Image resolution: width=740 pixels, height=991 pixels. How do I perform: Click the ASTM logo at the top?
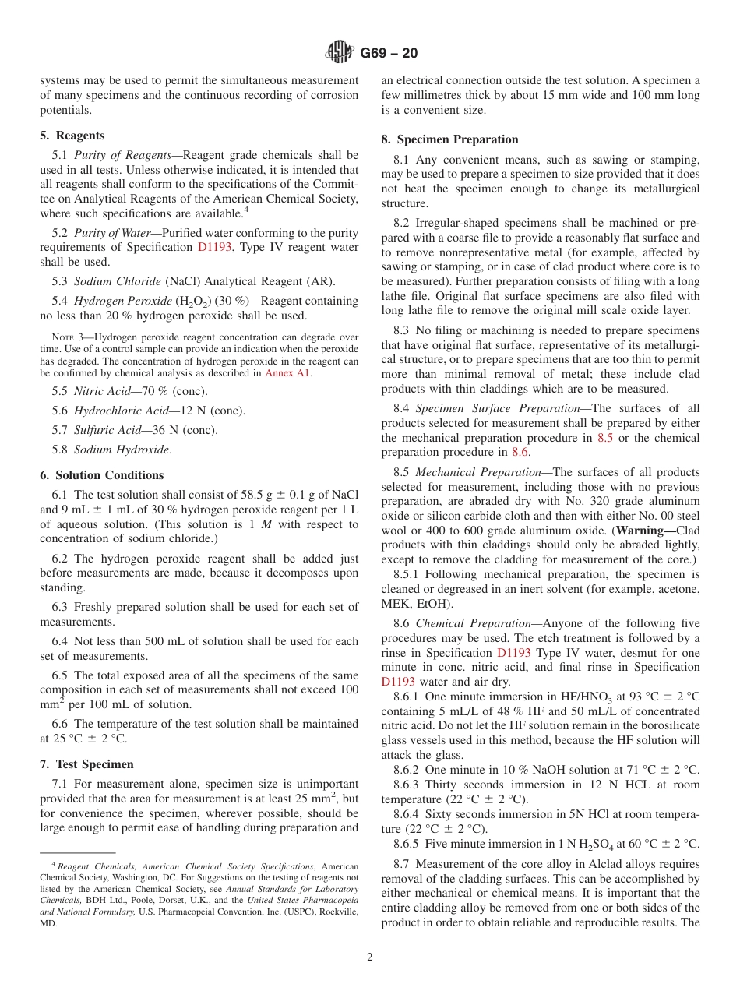point(340,52)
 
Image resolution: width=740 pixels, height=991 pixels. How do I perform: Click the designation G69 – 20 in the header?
point(389,53)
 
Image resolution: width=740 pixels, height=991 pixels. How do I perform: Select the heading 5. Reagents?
point(72,136)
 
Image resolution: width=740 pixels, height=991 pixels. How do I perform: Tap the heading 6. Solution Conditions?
point(102,475)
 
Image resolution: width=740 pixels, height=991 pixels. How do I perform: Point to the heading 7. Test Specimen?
point(86,764)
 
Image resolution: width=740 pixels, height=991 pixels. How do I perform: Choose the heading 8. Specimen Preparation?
point(449,139)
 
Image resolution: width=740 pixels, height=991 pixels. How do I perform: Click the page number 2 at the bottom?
point(370,957)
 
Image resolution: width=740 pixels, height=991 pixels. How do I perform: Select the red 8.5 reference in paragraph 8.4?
point(604,438)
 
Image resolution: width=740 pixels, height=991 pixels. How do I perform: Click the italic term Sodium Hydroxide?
point(122,450)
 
